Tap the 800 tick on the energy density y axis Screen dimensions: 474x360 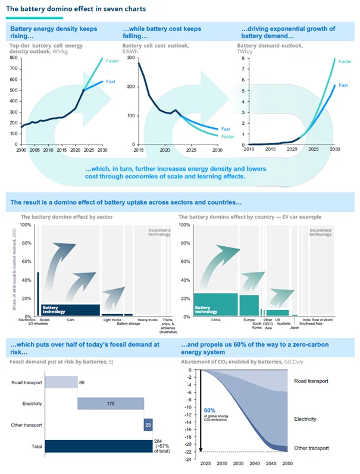pos(14,58)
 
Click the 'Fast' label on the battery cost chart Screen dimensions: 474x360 pos(225,129)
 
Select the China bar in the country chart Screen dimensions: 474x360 pos(215,304)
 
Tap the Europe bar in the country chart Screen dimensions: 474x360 pos(249,305)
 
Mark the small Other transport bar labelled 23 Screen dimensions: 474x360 pos(148,425)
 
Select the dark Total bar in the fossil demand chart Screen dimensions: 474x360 pos(99,446)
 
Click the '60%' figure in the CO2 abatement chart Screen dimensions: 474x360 pos(210,410)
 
